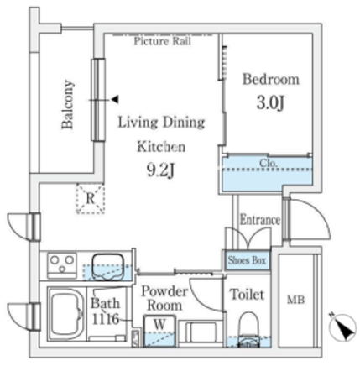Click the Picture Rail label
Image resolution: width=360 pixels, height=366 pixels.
coord(162,41)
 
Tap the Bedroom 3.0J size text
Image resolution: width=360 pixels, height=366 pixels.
coord(270,103)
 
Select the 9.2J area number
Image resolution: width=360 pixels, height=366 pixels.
coord(160,170)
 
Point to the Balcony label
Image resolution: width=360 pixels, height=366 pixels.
coord(68,104)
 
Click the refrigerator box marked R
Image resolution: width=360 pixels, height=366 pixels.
coord(91,199)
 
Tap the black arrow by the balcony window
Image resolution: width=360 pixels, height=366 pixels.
coord(115,99)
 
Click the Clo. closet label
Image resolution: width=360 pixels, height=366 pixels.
coord(269,163)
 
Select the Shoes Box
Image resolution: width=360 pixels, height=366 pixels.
coord(247,260)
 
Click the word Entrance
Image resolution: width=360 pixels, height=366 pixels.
coord(260,220)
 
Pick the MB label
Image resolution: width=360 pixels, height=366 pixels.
coord(295,301)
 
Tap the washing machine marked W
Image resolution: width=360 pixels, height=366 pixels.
coord(159,331)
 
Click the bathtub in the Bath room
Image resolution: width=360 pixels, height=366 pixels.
coord(66,315)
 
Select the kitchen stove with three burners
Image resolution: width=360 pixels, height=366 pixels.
coord(62,265)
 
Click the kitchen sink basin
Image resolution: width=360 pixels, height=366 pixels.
coord(107,266)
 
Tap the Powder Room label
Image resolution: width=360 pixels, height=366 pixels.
coord(164,298)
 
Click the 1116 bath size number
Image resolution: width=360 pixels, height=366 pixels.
coord(106,319)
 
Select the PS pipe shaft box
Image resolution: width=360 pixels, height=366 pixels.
coord(135,338)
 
